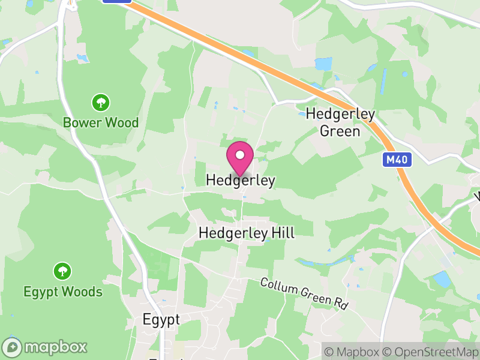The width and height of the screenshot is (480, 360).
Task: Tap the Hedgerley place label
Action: point(240,180)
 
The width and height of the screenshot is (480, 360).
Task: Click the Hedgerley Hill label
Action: point(247,233)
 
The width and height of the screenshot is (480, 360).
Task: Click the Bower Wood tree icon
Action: point(100,103)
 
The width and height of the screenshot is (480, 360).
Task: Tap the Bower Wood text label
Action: point(101,123)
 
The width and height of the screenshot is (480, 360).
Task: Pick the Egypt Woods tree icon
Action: point(62,272)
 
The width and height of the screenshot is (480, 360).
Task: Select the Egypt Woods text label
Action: point(63,292)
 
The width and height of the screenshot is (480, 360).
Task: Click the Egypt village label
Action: point(161,320)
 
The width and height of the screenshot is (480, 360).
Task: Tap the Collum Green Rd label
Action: point(305,293)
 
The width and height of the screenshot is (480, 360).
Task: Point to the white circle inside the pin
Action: point(240,155)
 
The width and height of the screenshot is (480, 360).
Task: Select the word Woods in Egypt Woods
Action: point(83,292)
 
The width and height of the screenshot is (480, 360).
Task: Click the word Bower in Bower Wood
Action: point(82,123)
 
